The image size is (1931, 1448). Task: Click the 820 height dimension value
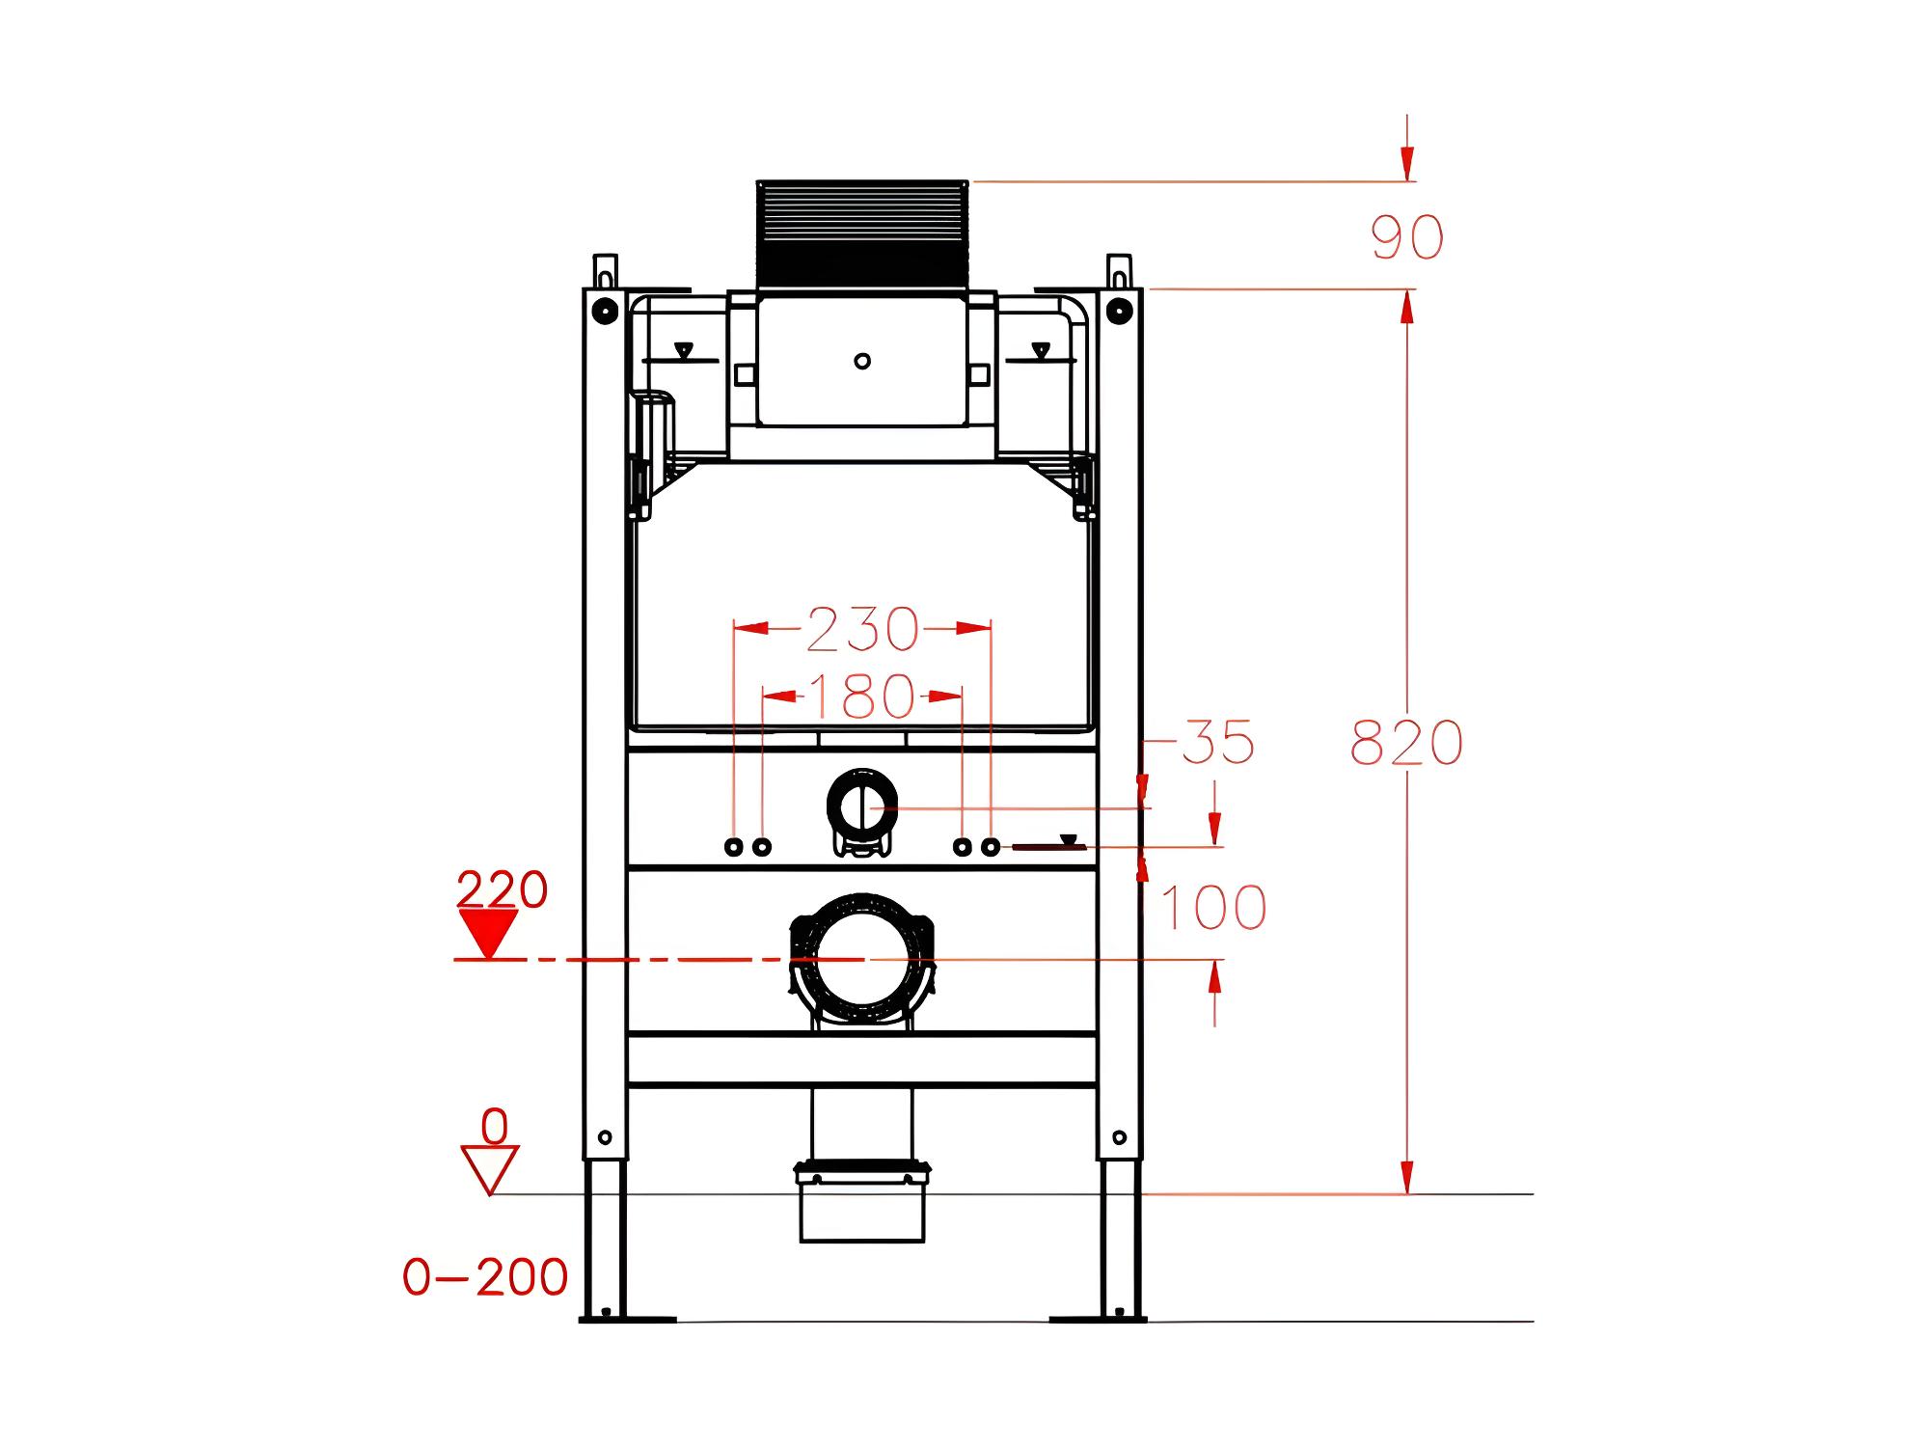[x=1406, y=743]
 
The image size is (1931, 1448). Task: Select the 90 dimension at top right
[x=1407, y=237]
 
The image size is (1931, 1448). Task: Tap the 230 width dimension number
[x=862, y=629]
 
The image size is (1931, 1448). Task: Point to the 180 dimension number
[x=861, y=696]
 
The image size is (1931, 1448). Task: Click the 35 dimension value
[x=1218, y=742]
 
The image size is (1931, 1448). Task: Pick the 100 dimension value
[x=1213, y=908]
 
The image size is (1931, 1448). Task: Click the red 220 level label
[x=502, y=889]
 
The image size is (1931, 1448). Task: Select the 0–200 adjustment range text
[x=485, y=1277]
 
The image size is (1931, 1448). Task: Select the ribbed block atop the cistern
[x=862, y=233]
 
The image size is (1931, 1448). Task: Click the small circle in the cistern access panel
[x=862, y=361]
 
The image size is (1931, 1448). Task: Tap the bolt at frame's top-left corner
[x=605, y=311]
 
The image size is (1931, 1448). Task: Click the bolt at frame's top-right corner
[x=1119, y=311]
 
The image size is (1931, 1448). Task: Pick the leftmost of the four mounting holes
[x=734, y=847]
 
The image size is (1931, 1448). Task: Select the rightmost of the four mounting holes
[x=991, y=847]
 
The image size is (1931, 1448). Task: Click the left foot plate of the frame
[x=627, y=1319]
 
